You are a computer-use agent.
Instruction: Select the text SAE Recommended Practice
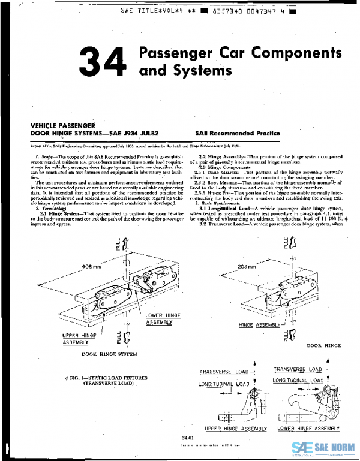[237, 133]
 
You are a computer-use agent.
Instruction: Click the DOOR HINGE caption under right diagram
[323, 346]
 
